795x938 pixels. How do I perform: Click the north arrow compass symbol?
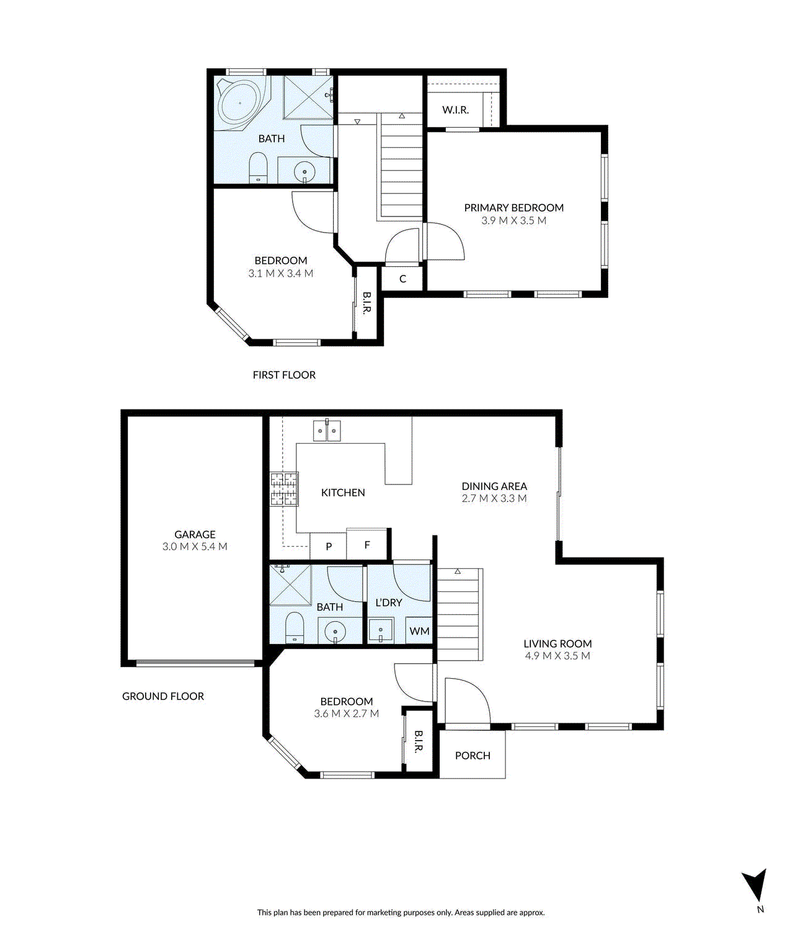[755, 885]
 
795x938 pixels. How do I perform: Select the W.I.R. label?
[455, 110]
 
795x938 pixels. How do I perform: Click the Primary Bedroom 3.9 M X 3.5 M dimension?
[514, 221]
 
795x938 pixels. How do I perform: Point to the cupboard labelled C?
[402, 279]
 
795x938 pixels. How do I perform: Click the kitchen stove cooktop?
[285, 489]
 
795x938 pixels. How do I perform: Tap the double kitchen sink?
[327, 431]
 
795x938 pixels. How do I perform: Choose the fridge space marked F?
[367, 545]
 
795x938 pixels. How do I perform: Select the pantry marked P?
[328, 547]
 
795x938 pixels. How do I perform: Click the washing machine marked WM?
[419, 631]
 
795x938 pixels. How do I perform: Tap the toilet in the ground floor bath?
[295, 628]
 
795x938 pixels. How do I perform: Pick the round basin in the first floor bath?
[304, 172]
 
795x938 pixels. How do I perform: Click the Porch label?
[473, 756]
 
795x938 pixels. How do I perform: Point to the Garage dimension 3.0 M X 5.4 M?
[195, 547]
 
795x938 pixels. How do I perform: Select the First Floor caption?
[284, 375]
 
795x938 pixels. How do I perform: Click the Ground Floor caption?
[163, 696]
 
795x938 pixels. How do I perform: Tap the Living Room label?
[557, 643]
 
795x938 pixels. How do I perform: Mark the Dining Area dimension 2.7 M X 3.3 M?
[494, 498]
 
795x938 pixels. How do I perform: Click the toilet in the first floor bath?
[258, 167]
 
